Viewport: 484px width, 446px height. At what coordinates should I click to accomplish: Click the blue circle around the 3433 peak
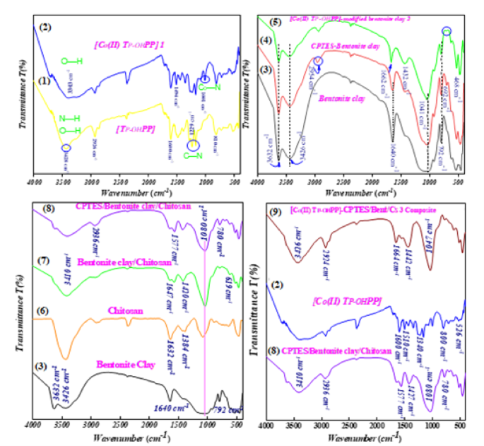click(x=66, y=148)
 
